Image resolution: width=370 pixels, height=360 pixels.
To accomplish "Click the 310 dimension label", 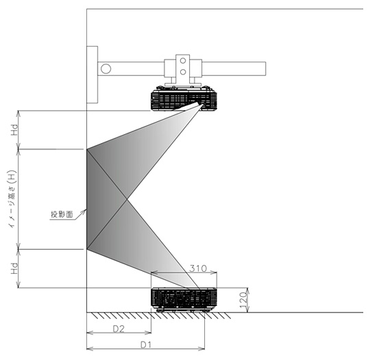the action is point(198,268).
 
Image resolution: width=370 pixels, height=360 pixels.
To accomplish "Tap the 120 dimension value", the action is point(243,300).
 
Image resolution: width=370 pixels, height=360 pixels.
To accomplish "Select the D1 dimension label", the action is point(145,345).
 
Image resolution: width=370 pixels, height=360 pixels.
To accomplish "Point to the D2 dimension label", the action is point(119,329).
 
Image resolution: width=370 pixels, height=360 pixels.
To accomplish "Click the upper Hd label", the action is point(14,130).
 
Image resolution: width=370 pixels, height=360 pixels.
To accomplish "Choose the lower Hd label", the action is point(14,268).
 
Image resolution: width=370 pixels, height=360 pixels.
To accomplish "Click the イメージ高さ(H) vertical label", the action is point(12,199).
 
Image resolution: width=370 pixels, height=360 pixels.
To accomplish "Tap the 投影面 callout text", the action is point(62,214).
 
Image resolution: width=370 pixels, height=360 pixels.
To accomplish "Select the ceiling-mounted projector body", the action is point(184,99).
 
